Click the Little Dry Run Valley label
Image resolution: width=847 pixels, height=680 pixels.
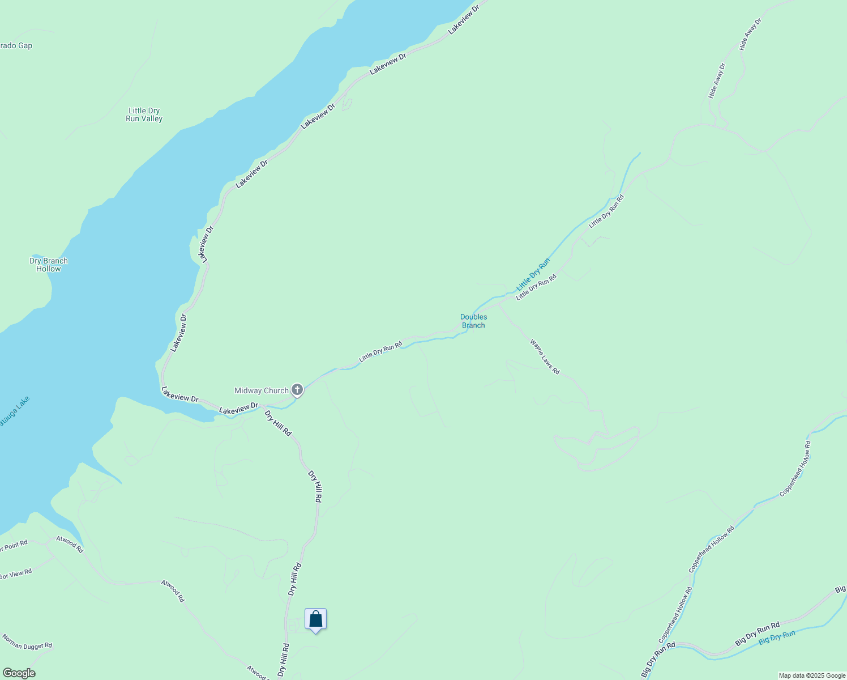coord(144,114)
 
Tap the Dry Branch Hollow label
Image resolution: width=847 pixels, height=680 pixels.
coord(49,265)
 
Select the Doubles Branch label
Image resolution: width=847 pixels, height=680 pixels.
coord(473,321)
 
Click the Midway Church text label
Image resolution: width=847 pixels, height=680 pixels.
coord(262,390)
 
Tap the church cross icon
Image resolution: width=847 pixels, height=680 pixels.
coord(297,390)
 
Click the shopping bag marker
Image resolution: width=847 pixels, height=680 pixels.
coord(315,619)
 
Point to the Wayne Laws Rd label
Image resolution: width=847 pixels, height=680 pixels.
coord(545,356)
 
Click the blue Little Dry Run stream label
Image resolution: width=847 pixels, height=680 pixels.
coord(533,275)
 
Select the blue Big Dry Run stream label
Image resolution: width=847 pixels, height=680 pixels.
coord(777,637)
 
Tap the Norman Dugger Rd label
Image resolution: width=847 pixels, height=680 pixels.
coord(27,641)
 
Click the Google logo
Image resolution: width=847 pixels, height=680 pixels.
coord(18,673)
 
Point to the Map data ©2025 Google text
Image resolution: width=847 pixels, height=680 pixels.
coord(812,675)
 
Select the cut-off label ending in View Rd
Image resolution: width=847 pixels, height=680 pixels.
coord(15,574)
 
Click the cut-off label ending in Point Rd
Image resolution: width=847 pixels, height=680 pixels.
coord(14,546)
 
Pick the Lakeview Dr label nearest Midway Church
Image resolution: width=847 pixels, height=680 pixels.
coord(238,408)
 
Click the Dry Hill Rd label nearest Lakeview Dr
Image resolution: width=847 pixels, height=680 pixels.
coord(278,423)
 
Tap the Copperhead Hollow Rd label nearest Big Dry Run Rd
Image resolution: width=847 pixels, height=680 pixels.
coord(675,615)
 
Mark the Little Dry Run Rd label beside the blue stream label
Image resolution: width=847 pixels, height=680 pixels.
coord(536,287)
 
